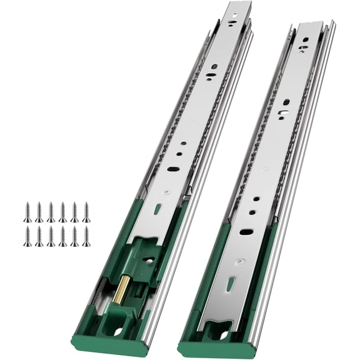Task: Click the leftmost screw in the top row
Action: (27, 212)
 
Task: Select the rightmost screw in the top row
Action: (86, 212)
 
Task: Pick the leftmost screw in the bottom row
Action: (27, 236)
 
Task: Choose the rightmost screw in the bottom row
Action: (86, 236)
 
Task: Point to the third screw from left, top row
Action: (51, 212)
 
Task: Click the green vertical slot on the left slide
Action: (157, 209)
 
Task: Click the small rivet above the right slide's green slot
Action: (239, 262)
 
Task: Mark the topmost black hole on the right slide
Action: (306, 39)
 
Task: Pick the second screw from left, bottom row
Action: (39, 236)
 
